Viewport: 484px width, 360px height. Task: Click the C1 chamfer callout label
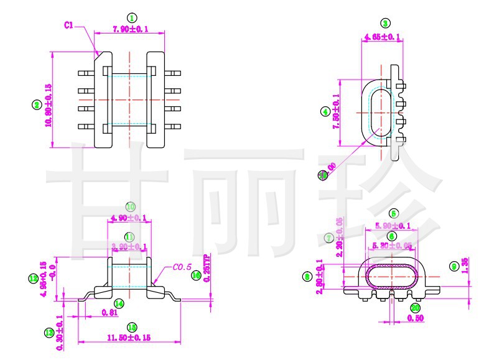(x=69, y=25)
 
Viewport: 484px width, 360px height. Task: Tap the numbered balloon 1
(x=131, y=17)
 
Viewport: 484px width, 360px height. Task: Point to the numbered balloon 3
(x=385, y=24)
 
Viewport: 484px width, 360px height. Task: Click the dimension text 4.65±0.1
(x=382, y=37)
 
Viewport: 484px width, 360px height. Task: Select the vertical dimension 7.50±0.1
(x=336, y=111)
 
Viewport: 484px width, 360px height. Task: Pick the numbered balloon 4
(x=325, y=112)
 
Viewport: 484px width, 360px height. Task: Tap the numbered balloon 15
(x=131, y=327)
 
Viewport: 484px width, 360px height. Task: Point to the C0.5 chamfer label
(x=182, y=267)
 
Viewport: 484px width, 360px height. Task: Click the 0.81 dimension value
(x=109, y=313)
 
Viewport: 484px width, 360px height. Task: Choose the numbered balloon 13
(x=49, y=333)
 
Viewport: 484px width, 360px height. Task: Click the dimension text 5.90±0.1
(x=393, y=226)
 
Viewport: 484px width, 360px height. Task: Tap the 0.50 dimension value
(x=415, y=318)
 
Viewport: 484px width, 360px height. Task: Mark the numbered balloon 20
(x=415, y=307)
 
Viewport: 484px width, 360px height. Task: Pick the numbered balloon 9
(x=454, y=266)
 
